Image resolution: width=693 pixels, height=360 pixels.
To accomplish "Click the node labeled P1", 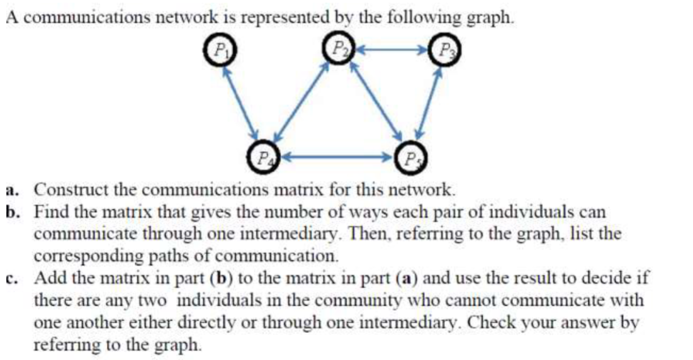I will [220, 50].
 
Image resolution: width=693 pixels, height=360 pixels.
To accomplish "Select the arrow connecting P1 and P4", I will [241, 103].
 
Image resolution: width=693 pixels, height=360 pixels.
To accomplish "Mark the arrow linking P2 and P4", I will [301, 103].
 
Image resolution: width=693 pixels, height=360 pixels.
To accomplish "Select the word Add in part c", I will [47, 278].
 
